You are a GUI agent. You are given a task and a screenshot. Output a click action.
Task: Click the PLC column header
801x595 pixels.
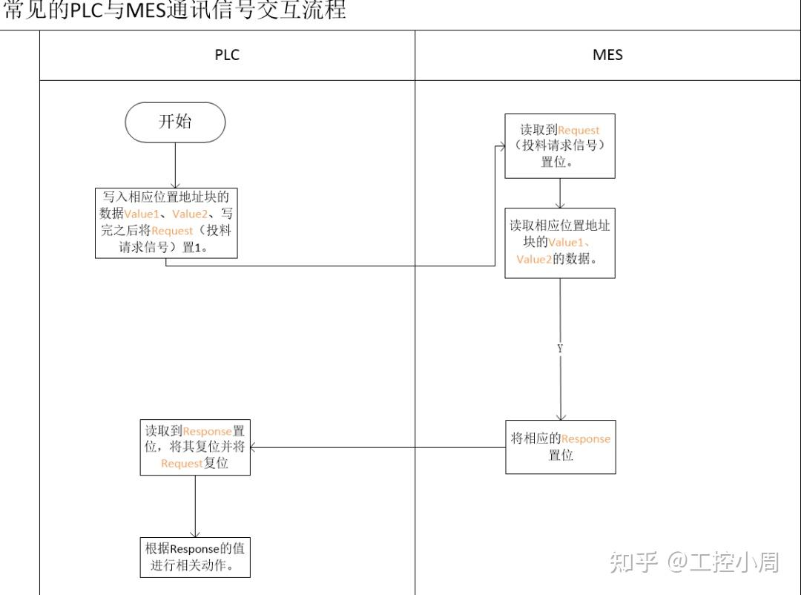pos(227,55)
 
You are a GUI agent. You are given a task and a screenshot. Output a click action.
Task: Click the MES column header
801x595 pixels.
pos(607,55)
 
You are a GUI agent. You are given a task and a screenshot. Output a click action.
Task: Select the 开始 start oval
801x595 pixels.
pos(175,122)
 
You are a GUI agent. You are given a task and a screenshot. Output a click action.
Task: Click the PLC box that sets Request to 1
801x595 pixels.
pos(166,223)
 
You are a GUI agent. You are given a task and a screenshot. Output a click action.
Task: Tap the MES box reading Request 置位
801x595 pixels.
pos(560,145)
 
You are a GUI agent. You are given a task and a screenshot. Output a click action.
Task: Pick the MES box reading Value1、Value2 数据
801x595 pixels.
pos(560,243)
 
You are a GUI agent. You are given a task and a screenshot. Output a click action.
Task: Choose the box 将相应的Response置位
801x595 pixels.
pos(560,447)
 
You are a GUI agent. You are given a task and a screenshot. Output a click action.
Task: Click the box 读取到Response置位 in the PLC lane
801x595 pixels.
pos(195,447)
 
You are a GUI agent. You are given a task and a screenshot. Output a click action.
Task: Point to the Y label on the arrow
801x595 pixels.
pos(560,349)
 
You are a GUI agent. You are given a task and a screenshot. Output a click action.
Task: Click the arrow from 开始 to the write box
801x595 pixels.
pos(175,165)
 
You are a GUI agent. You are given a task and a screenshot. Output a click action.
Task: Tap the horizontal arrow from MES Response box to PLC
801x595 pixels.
pos(378,447)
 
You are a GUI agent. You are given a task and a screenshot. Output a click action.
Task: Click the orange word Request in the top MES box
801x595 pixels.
pos(578,131)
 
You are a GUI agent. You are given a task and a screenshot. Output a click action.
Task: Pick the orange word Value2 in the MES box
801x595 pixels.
pos(535,259)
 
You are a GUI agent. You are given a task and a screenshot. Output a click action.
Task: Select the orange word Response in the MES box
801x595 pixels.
pos(585,439)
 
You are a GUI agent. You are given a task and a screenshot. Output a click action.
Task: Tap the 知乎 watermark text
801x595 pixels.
pos(634,562)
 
